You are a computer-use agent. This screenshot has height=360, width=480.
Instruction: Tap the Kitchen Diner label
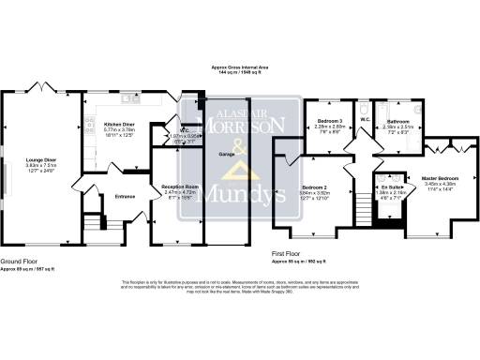pyautogui.click(x=122, y=124)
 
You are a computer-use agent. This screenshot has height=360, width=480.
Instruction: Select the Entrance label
pyautogui.click(x=126, y=196)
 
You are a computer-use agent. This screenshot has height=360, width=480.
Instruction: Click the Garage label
pyautogui.click(x=226, y=153)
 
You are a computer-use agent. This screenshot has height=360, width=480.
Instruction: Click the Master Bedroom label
pyautogui.click(x=439, y=177)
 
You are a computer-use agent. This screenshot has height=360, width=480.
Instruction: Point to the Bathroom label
pyautogui.click(x=398, y=121)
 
